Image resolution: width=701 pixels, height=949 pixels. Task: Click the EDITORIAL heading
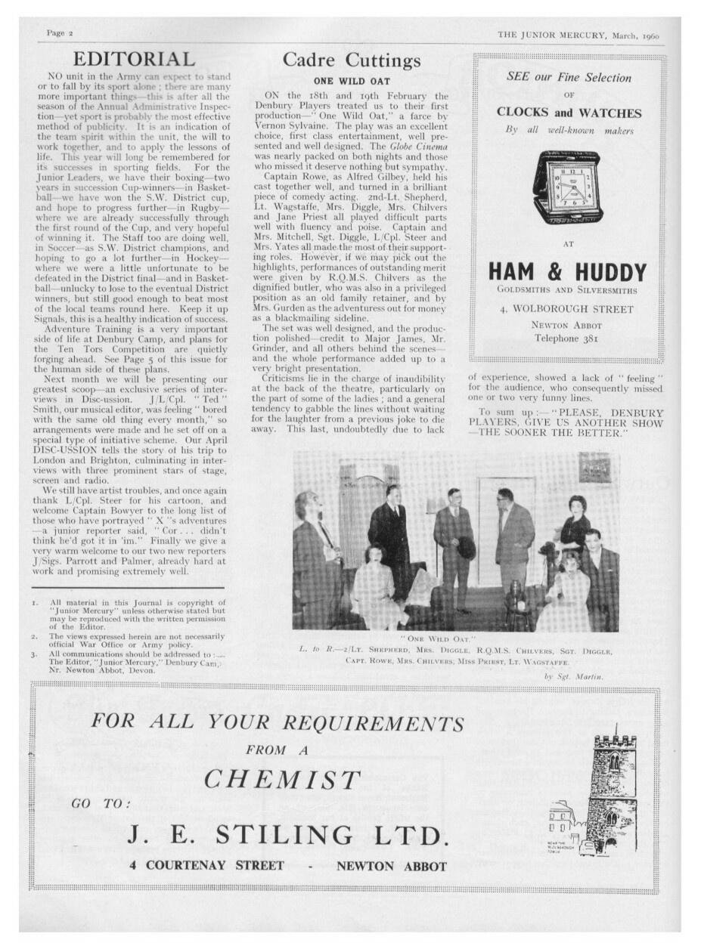click(133, 59)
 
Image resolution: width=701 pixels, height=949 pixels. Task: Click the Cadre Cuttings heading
click(351, 60)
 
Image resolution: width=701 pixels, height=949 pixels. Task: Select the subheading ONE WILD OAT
click(352, 81)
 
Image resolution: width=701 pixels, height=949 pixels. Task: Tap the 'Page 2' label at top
click(60, 33)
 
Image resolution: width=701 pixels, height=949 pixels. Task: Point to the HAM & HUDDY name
click(566, 272)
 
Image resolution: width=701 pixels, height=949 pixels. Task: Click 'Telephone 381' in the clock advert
click(566, 338)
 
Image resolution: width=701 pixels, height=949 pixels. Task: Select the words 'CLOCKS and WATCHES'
click(569, 113)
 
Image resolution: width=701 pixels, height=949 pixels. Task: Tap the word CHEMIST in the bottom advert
click(282, 780)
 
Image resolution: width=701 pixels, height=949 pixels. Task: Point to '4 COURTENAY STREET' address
click(206, 866)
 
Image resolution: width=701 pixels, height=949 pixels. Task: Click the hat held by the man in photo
click(467, 546)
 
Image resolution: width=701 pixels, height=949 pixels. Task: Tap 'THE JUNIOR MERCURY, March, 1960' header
click(578, 35)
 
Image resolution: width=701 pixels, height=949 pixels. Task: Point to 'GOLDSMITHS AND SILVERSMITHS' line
click(566, 290)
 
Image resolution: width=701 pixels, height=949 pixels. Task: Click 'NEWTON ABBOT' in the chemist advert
click(391, 866)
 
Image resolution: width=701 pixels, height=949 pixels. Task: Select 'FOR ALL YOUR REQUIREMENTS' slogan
click(278, 722)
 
